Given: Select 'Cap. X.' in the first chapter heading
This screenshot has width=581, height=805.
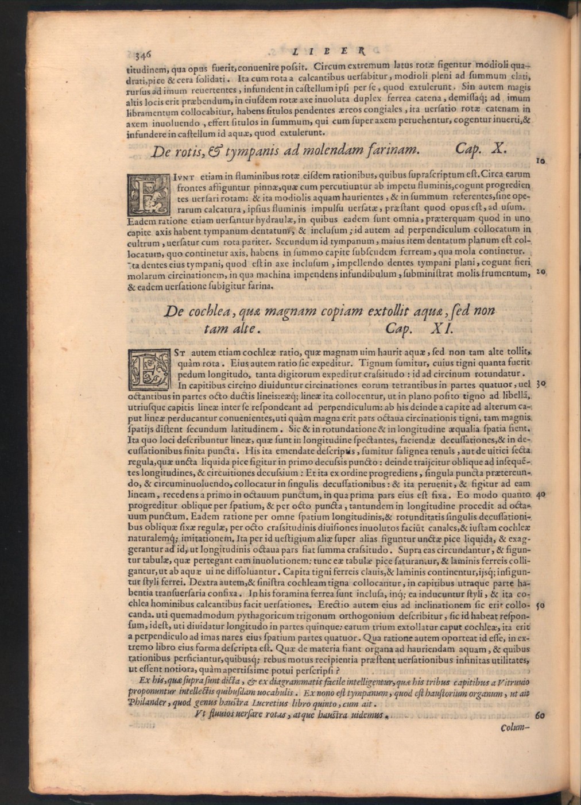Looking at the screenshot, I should pos(480,149).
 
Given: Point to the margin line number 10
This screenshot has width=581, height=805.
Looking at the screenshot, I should pos(540,162).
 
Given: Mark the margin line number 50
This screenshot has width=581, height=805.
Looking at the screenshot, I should pos(540,606).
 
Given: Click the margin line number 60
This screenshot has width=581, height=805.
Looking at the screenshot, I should pos(540,717).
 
